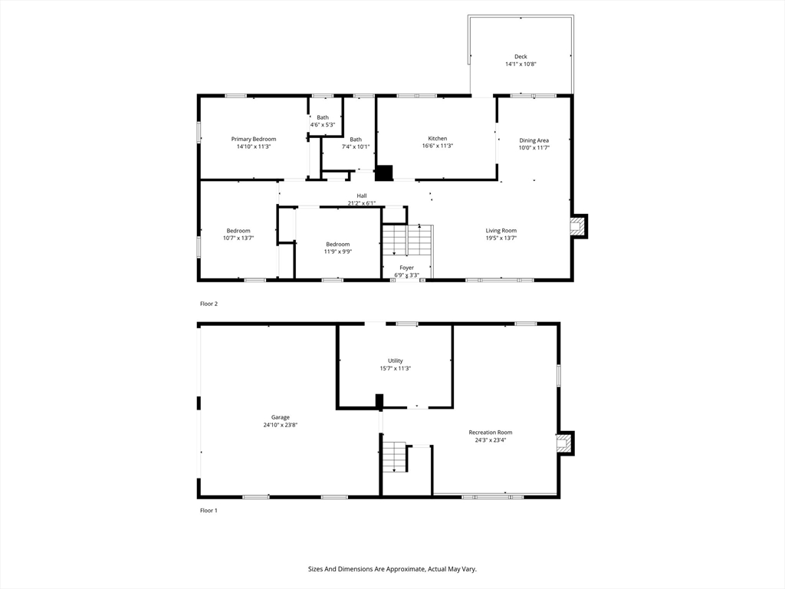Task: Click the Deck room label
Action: click(521, 56)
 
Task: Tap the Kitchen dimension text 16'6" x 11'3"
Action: click(438, 146)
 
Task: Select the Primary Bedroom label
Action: click(254, 139)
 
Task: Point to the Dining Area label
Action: click(534, 140)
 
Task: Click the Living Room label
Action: click(501, 230)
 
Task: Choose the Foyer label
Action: click(406, 268)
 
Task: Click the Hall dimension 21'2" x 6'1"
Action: click(361, 203)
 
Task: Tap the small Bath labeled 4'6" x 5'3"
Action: click(323, 117)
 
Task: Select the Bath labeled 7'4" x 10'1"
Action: click(356, 140)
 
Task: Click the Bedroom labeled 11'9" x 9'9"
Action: click(337, 244)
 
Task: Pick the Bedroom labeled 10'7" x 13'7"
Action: click(238, 231)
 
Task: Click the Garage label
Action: click(280, 417)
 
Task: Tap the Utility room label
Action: click(395, 360)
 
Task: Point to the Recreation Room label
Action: click(490, 433)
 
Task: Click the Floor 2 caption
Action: click(209, 304)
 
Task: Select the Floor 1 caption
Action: click(209, 510)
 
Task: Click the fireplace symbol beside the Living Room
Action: click(577, 225)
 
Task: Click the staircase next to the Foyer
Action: click(408, 241)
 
